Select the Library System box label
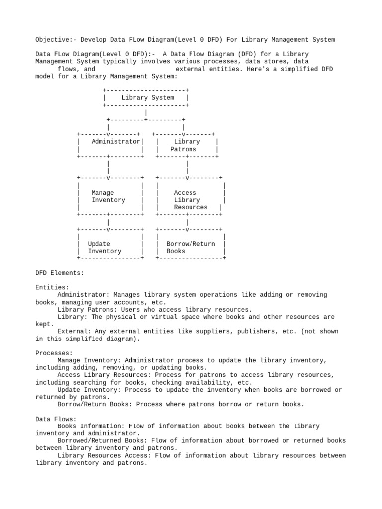click(147, 98)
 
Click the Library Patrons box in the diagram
click(187, 145)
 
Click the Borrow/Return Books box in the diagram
click(191, 248)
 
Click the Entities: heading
click(52, 287)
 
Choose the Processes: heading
click(54, 353)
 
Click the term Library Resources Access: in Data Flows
click(106, 455)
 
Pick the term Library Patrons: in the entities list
click(87, 309)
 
